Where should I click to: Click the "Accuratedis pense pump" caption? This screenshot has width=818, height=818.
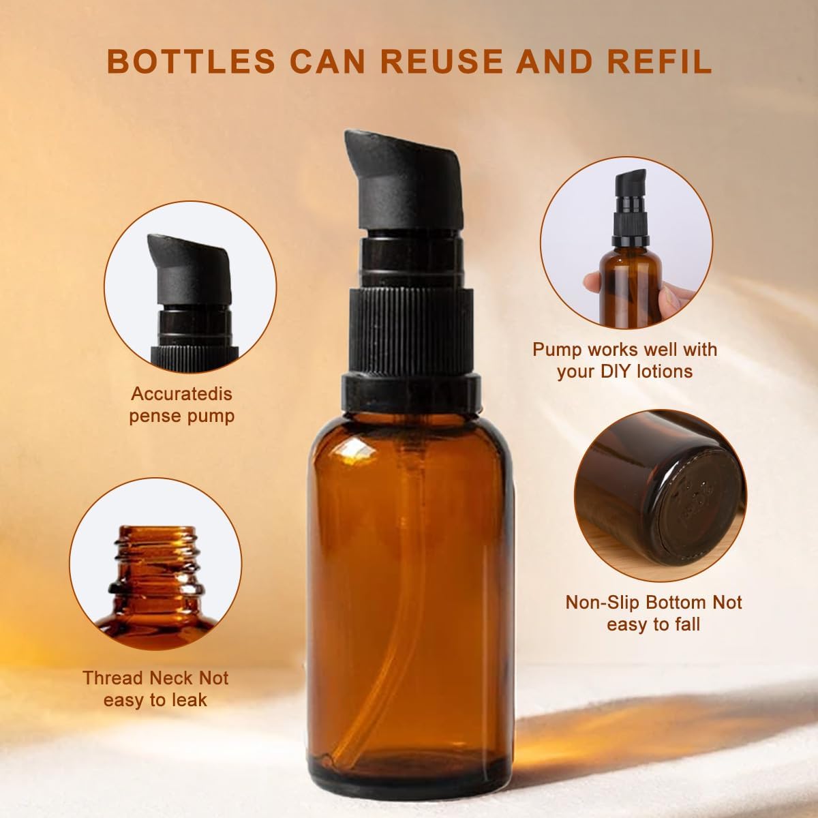[181, 404]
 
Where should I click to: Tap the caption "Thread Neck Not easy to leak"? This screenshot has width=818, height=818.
[155, 688]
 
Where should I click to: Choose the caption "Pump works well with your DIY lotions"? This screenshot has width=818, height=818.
[624, 360]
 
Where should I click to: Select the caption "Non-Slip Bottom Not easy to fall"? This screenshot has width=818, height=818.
[654, 613]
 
